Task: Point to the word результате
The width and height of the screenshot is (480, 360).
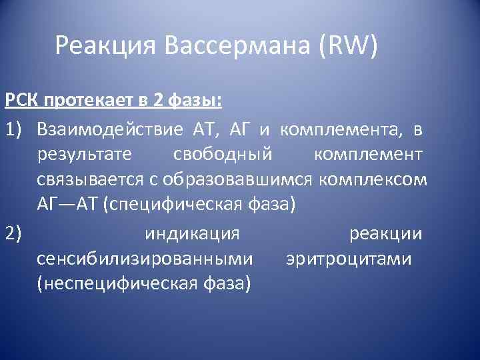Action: [x=85, y=155]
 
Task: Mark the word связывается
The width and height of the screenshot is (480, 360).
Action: [x=85, y=181]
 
